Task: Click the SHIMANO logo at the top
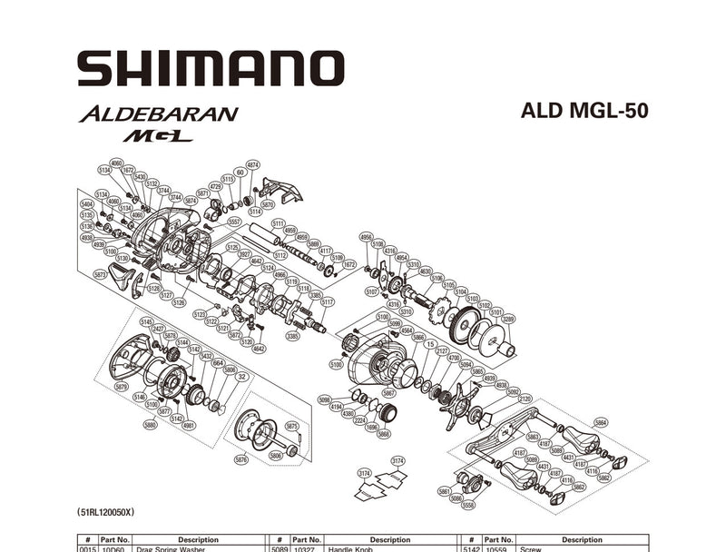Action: [x=211, y=69]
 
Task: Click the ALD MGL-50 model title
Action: [x=584, y=111]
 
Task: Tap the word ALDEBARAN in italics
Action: [x=158, y=114]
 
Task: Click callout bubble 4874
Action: [x=253, y=165]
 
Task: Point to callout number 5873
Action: [x=101, y=273]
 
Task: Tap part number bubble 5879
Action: [x=122, y=386]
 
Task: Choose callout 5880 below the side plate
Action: [x=151, y=424]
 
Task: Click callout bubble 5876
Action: [x=240, y=460]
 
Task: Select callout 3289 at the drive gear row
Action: [x=507, y=319]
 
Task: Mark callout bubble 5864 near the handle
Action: [x=601, y=423]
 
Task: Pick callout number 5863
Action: [x=533, y=437]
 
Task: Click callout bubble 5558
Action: [x=468, y=505]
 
